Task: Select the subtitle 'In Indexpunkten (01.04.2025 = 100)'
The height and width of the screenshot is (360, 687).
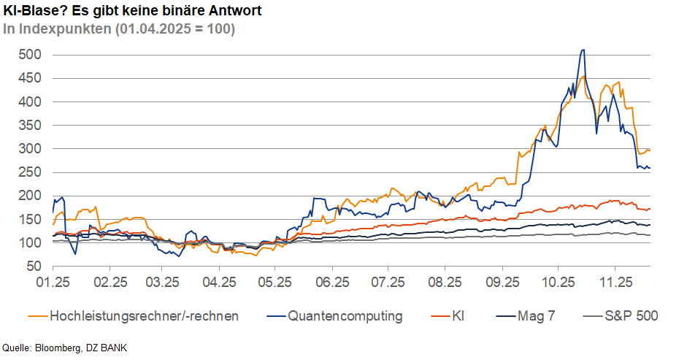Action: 119,29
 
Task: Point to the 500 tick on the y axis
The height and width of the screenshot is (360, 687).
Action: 30,55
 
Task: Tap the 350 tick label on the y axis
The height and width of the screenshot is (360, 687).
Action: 30,126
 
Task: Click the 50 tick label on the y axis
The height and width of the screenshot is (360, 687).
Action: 34,267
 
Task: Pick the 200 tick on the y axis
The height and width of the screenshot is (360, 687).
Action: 30,196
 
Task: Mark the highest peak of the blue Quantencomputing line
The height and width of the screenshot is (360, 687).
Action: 583,50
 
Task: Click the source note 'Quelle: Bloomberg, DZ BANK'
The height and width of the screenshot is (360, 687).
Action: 60,348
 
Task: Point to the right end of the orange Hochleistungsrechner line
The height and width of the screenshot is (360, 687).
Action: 650,150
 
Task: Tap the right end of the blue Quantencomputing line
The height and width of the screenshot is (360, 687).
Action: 650,168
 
